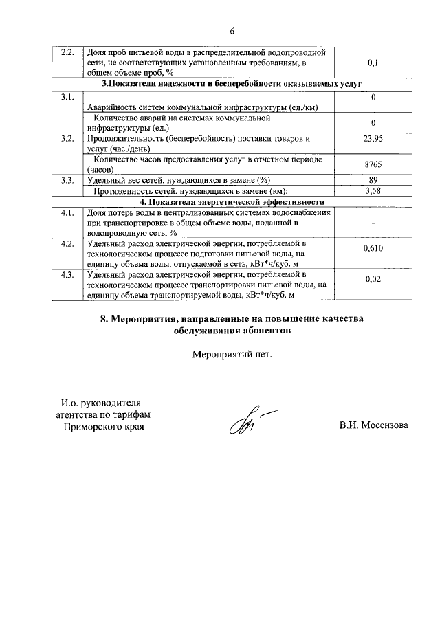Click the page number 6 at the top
click(x=232, y=32)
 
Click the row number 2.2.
click(x=68, y=53)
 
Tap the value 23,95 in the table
click(x=373, y=138)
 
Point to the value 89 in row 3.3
click(x=373, y=180)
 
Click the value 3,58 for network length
click(x=373, y=190)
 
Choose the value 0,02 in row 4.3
click(x=373, y=280)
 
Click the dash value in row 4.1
click(x=373, y=223)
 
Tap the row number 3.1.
click(x=67, y=97)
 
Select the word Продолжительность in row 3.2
click(x=128, y=138)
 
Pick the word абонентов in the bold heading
click(x=265, y=330)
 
